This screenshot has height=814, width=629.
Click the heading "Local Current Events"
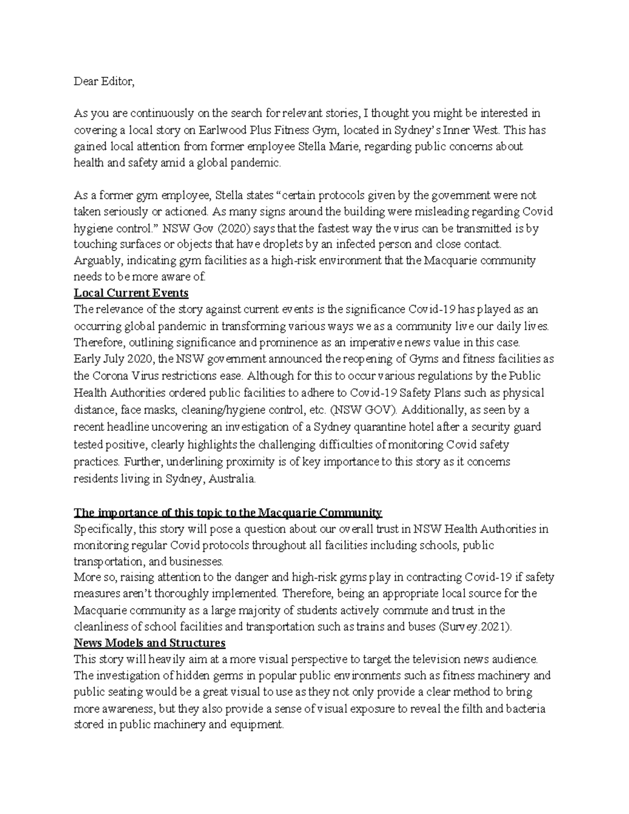point(131,292)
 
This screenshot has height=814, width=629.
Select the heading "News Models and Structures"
point(149,643)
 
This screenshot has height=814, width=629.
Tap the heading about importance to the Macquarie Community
point(228,512)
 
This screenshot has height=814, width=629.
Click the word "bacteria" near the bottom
point(525,709)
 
